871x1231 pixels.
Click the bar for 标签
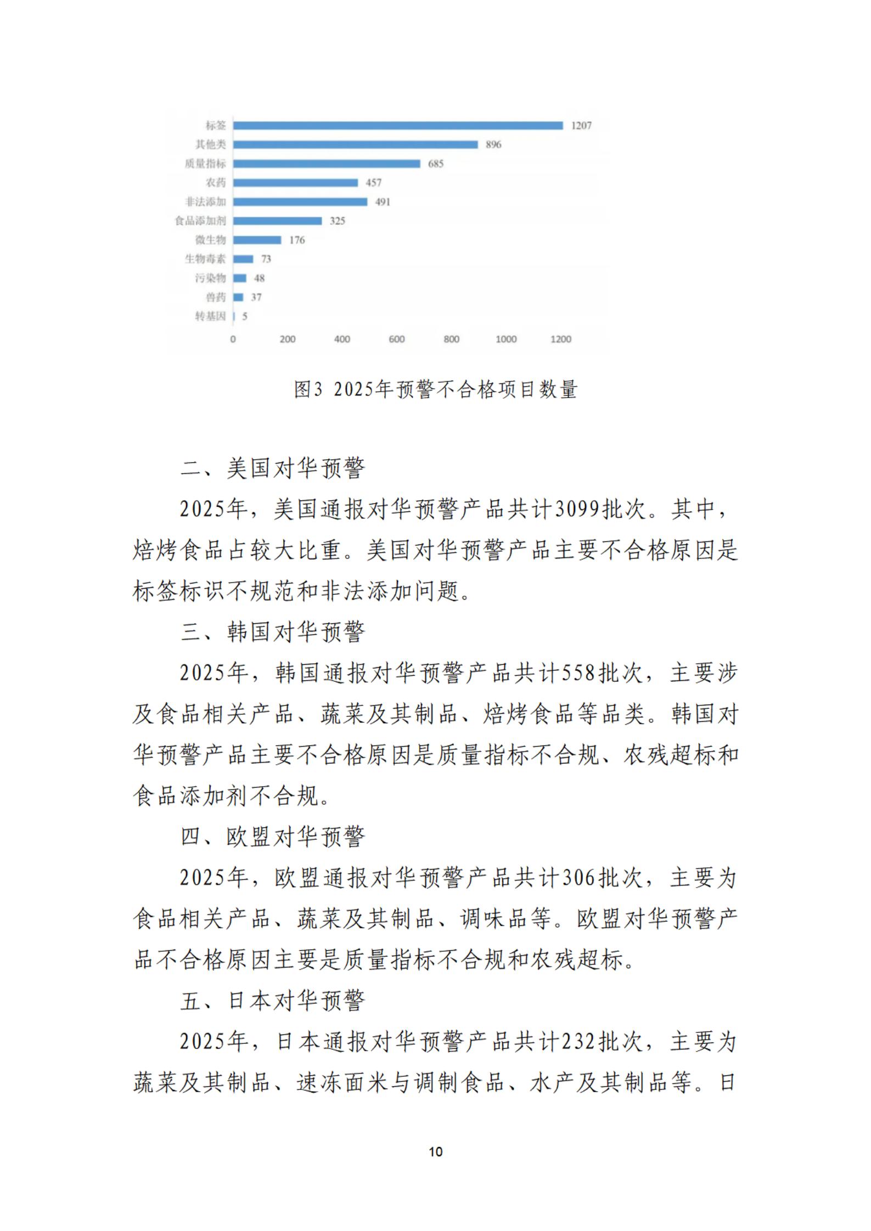tap(398, 126)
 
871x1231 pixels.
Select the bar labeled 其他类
tap(356, 145)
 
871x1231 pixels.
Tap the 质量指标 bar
tap(327, 163)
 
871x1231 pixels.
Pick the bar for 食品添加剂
tap(277, 221)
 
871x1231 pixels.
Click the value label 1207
tap(581, 126)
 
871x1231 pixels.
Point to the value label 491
tap(383, 202)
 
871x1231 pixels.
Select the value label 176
tap(297, 240)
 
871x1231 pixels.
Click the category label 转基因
tap(210, 317)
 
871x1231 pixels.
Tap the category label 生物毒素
tap(205, 259)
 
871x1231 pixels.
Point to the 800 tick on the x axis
tap(451, 340)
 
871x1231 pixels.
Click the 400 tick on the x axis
tap(342, 340)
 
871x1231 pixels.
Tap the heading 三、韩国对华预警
tap(273, 632)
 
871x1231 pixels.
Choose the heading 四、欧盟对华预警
tap(273, 837)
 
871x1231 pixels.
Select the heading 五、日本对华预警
tap(273, 1001)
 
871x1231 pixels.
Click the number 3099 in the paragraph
tap(577, 510)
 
